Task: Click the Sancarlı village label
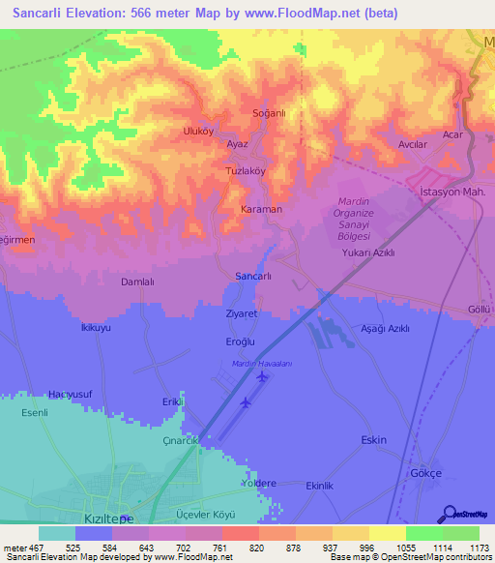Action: pos(259,276)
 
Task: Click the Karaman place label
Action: pos(261,209)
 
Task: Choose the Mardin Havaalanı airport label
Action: pos(261,363)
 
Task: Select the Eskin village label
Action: pos(373,440)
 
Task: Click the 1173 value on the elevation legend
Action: pos(469,547)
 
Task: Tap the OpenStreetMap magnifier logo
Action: pos(449,514)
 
